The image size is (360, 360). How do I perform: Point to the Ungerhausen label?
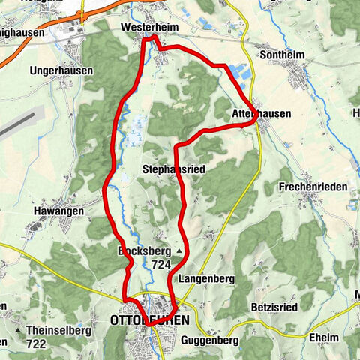tap(61, 70)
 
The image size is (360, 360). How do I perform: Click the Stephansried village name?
tap(173, 170)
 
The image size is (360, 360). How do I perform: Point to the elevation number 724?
tap(160, 264)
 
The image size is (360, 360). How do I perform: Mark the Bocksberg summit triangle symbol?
tap(179, 250)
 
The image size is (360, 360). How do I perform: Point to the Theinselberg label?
tap(58, 330)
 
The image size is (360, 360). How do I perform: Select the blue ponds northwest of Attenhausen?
tap(239, 73)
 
